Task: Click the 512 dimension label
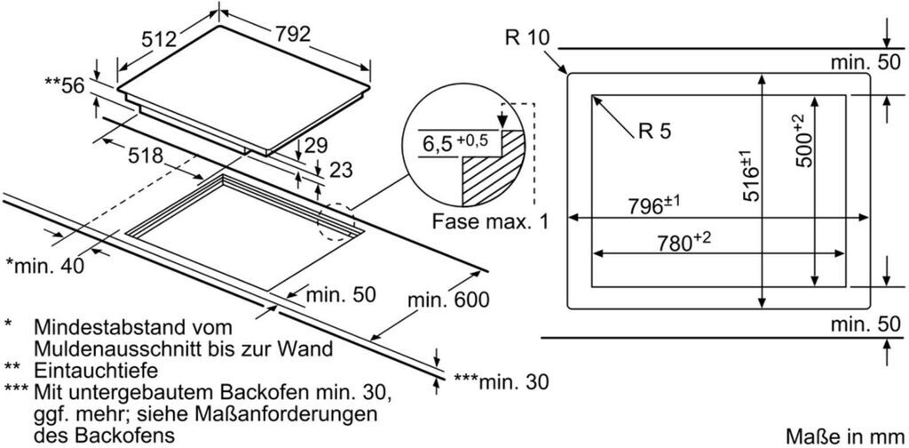[x=160, y=39]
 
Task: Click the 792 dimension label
[x=293, y=35]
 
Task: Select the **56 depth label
[x=65, y=84]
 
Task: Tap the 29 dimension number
[x=317, y=145]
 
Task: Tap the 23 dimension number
[x=339, y=170]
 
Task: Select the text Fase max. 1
[x=490, y=221]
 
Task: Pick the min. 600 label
[x=448, y=300]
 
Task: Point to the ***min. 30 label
[x=501, y=381]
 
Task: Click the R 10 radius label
[x=526, y=37]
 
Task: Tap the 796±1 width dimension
[x=654, y=205]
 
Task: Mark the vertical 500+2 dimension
[x=804, y=140]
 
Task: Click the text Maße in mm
[x=846, y=436]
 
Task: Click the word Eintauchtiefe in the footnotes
[x=96, y=370]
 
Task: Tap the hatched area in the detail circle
[x=493, y=172]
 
